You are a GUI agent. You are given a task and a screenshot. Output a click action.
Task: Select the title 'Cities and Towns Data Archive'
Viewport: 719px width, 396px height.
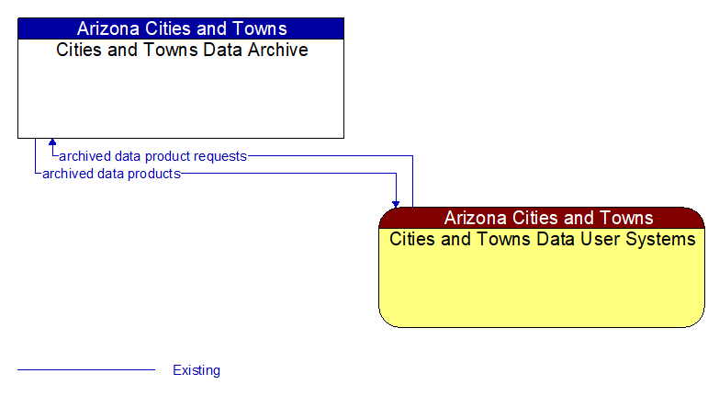182,50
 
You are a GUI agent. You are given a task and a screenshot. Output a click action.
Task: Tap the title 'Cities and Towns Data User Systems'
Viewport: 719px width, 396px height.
542,239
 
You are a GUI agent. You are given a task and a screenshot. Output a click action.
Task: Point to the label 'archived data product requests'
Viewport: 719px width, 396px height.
152,156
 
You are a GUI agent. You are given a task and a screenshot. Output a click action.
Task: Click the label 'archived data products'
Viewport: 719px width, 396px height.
111,173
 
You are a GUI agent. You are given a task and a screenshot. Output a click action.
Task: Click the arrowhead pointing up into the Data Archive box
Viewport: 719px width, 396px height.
52,143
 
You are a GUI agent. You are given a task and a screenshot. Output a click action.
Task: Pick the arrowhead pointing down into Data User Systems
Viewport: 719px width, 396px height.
396,202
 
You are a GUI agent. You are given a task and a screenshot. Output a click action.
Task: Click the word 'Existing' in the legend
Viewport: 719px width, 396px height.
197,370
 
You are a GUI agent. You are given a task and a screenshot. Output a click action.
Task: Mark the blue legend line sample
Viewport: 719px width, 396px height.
86,369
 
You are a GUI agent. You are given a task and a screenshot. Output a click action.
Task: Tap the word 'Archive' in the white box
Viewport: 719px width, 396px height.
276,50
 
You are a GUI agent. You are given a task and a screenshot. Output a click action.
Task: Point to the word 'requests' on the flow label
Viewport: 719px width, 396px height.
220,156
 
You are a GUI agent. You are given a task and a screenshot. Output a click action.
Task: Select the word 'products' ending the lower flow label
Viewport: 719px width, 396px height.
153,173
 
